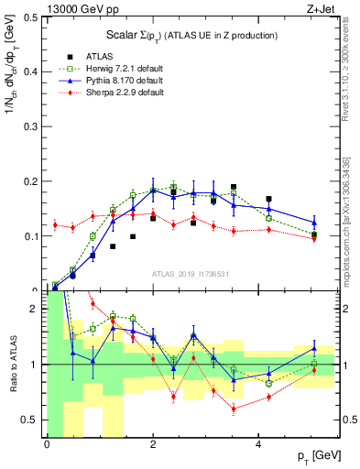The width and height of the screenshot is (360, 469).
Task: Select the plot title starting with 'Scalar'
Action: [x=191, y=35]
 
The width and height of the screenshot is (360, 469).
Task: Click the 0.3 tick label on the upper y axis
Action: [x=33, y=126]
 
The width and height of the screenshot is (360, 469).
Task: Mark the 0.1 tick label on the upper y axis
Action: [x=33, y=236]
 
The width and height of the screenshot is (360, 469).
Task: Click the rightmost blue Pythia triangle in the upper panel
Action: [x=314, y=223]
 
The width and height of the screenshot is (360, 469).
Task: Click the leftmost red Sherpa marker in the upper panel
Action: [x=56, y=224]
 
